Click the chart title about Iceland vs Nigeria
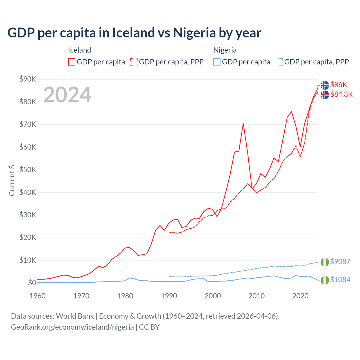(134, 33)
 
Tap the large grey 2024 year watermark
(67, 95)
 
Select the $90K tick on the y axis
(28, 79)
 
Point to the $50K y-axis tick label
(28, 170)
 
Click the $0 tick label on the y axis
(32, 283)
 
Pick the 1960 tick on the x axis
(37, 296)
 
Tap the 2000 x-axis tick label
(213, 296)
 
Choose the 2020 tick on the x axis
(300, 296)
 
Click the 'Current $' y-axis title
(12, 180)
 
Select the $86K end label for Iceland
(339, 85)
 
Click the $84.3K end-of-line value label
(341, 94)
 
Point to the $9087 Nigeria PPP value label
(340, 262)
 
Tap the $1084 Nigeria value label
(340, 280)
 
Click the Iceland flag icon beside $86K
(325, 85)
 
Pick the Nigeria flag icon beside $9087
(325, 262)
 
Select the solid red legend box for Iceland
(72, 62)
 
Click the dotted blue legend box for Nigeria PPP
(279, 62)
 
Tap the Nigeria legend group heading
(225, 50)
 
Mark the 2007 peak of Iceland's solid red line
(243, 123)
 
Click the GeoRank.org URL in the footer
(72, 327)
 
